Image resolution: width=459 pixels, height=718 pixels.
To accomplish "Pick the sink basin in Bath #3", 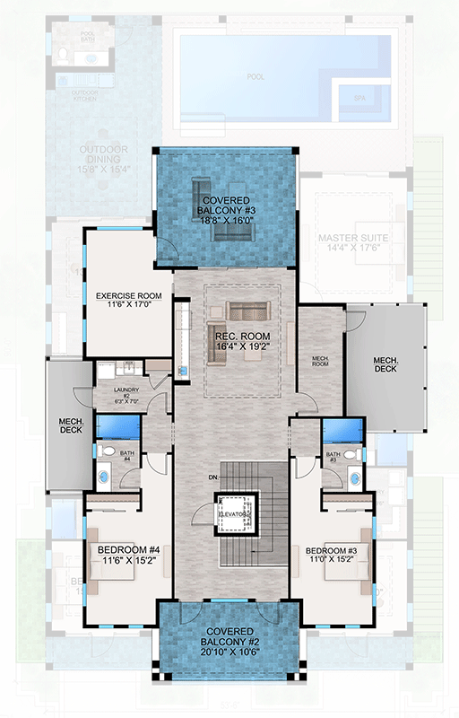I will point(355,479).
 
